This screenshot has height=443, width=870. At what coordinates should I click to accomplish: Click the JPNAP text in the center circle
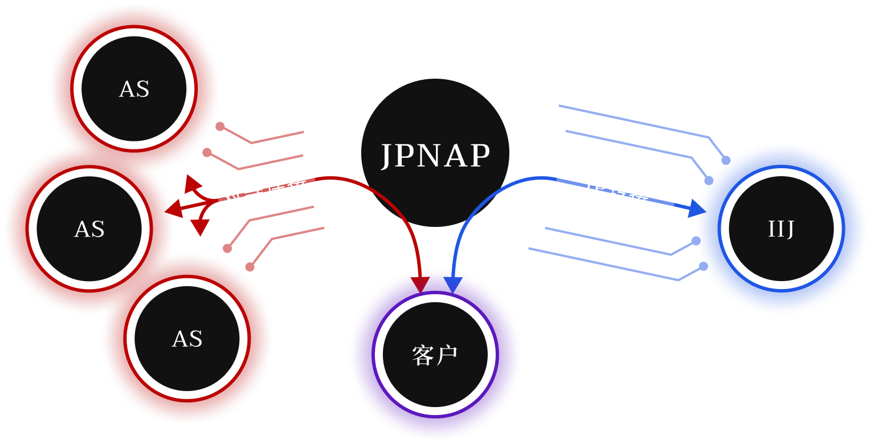pyautogui.click(x=435, y=155)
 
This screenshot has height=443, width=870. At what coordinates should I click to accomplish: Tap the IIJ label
pyautogui.click(x=781, y=229)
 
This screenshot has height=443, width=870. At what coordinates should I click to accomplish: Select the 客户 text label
pyautogui.click(x=435, y=356)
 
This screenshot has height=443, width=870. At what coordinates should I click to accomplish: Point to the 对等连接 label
pyautogui.click(x=264, y=189)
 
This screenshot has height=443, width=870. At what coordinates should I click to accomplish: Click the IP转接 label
pyautogui.click(x=617, y=190)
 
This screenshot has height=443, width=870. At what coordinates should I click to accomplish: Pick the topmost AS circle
pyautogui.click(x=134, y=89)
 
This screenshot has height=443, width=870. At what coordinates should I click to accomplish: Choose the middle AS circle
pyautogui.click(x=89, y=229)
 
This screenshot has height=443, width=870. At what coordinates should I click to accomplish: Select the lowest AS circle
pyautogui.click(x=187, y=339)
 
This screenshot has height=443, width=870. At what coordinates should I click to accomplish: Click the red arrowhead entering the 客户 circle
pyautogui.click(x=422, y=283)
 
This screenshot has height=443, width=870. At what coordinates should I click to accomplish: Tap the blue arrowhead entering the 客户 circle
pyautogui.click(x=452, y=283)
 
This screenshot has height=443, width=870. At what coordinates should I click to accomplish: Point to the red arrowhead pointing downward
pyautogui.click(x=199, y=227)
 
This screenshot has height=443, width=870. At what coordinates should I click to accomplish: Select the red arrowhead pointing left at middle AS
pyautogui.click(x=176, y=209)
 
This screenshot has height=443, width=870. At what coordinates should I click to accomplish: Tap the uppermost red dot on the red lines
pyautogui.click(x=220, y=127)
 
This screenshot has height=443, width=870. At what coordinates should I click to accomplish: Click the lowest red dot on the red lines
pyautogui.click(x=250, y=266)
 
